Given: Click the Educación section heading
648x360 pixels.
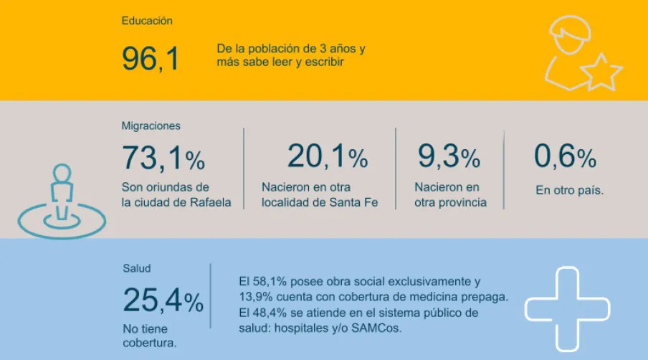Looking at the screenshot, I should tap(147, 21).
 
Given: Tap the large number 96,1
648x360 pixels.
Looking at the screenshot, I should tap(151, 58).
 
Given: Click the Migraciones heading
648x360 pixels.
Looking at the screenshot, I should tap(151, 125).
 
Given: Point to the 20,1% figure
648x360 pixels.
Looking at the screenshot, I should tap(327, 156).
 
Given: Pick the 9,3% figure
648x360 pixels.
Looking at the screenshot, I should tap(449, 156).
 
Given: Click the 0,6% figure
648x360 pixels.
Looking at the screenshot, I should tap(565, 156).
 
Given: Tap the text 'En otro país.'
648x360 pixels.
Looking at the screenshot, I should tap(569, 191).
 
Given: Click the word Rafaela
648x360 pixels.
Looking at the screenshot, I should tap(209, 203).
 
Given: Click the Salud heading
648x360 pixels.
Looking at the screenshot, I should tap(136, 269).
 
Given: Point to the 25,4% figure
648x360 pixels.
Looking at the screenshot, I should tap(163, 300).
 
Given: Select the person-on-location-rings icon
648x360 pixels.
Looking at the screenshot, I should tap(62, 202).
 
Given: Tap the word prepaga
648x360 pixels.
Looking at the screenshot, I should tap(485, 296).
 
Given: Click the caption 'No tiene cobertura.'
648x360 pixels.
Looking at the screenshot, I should tap(150, 336).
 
